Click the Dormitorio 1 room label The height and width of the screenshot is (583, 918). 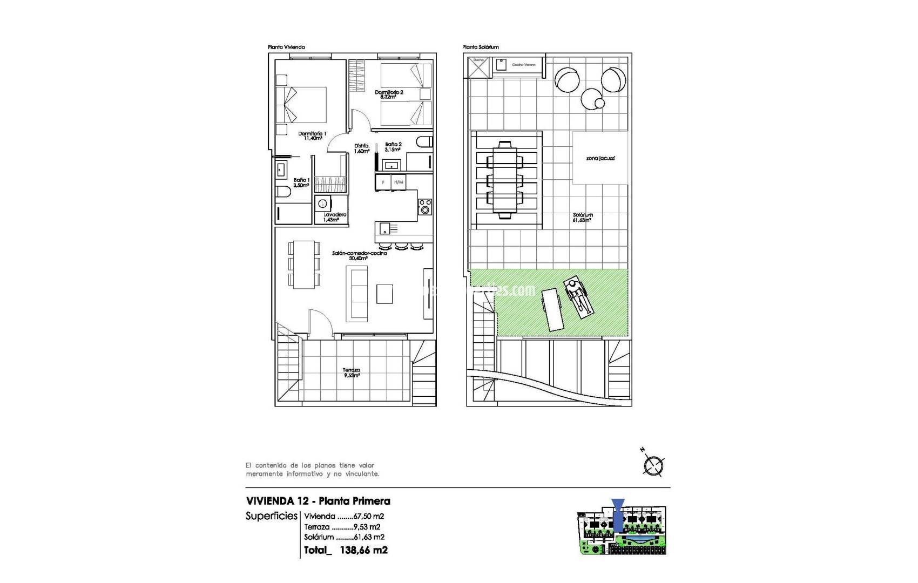coord(312,135)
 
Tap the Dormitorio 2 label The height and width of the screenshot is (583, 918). coord(389,94)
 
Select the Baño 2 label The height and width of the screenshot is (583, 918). coord(393,147)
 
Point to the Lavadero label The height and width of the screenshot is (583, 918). coord(335,217)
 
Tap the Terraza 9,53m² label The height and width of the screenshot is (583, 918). coord(352,372)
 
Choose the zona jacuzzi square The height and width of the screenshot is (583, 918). coord(600,158)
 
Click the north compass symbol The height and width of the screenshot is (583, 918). coord(653,465)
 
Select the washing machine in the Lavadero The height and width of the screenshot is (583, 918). coord(323,204)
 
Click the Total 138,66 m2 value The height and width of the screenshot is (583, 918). coord(363,550)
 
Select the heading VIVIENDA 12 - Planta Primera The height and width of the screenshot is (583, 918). coord(318,501)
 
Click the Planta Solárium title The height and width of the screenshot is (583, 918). coord(481,47)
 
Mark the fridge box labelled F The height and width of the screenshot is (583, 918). coord(383,182)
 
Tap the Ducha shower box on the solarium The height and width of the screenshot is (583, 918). coord(478,67)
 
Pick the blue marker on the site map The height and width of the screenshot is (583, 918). coord(619,513)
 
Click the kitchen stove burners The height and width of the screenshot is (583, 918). coord(426,206)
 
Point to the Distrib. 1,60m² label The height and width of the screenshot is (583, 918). coord(361,148)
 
